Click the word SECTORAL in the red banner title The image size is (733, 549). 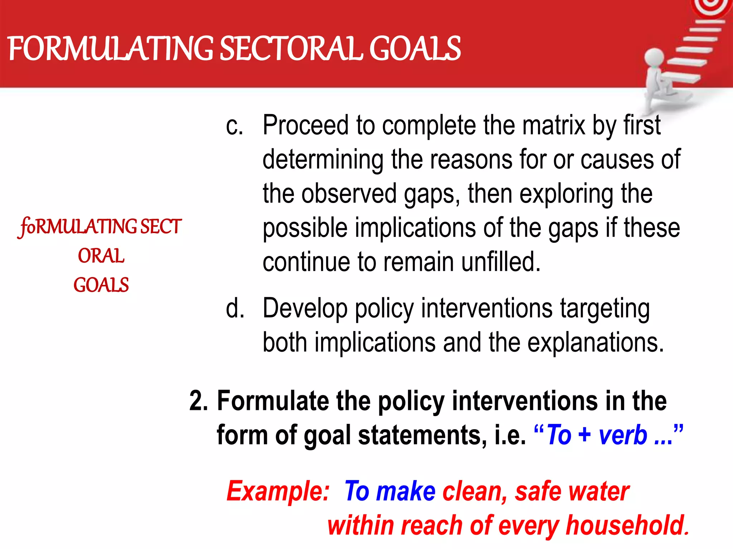(x=292, y=49)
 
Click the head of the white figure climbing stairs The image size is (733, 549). (x=654, y=57)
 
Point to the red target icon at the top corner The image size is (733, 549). (x=712, y=6)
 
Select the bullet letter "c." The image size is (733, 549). (x=234, y=126)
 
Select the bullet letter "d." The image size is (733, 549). (x=235, y=308)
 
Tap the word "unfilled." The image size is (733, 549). (x=501, y=262)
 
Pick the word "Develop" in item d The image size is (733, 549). (x=305, y=308)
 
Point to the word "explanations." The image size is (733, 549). (x=596, y=342)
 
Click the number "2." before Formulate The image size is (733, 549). (x=199, y=401)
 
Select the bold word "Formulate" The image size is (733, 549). (x=273, y=401)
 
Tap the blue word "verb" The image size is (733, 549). (x=623, y=435)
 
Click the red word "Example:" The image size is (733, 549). (x=278, y=491)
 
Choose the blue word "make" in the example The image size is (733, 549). (x=406, y=491)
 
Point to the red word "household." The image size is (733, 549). (x=628, y=525)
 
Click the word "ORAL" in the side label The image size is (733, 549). (x=101, y=256)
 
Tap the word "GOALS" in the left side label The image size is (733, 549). (x=101, y=285)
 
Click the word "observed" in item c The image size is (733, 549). (x=349, y=194)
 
